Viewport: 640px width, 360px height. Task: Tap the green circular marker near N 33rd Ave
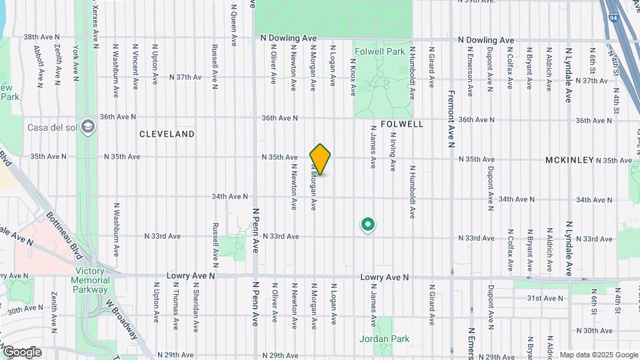(367, 225)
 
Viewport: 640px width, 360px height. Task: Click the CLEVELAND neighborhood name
(167, 134)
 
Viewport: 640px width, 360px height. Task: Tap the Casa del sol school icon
(88, 127)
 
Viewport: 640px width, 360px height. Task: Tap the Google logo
(21, 352)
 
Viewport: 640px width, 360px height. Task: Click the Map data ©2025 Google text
(598, 355)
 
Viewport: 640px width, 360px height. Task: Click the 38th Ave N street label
(42, 37)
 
